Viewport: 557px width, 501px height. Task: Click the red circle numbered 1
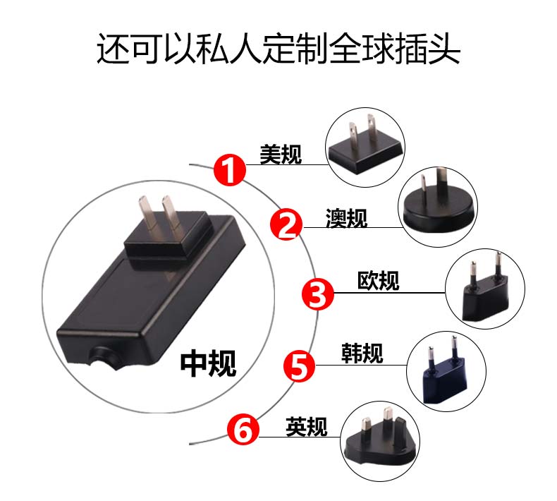point(230,169)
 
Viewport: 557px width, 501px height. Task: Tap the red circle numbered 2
point(286,224)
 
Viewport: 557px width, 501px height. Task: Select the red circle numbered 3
point(318,294)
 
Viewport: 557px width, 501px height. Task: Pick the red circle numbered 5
point(299,366)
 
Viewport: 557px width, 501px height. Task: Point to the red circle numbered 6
point(243,429)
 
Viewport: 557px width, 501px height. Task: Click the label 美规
point(281,155)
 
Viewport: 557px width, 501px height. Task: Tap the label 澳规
point(346,217)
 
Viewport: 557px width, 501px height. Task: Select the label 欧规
point(379,281)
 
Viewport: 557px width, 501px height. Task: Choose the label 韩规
point(362,353)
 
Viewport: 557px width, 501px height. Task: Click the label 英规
point(307,426)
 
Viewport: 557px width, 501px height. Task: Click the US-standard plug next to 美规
point(366,146)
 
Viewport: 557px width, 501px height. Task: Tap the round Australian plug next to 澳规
point(439,203)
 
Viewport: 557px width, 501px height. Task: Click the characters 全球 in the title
point(361,48)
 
